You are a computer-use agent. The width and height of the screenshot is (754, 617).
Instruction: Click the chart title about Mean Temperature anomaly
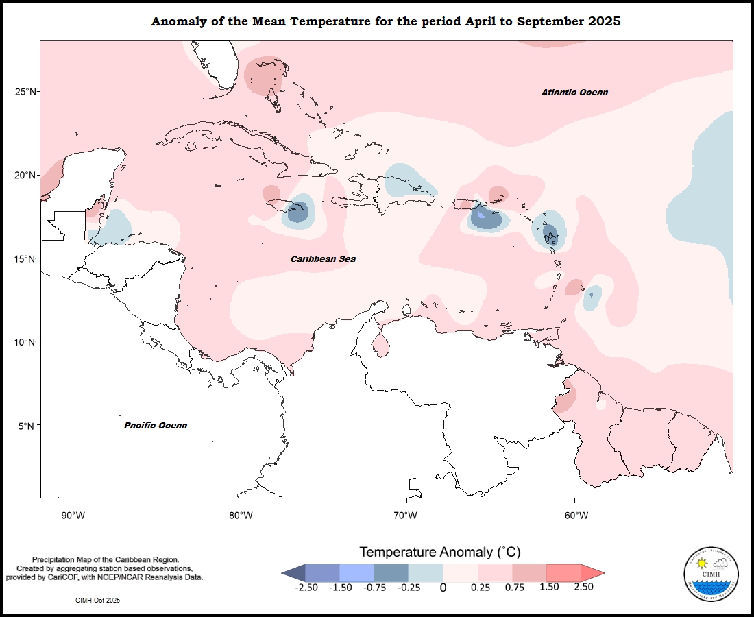coord(386,21)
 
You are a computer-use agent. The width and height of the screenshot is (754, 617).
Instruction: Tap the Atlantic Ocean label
coord(574,93)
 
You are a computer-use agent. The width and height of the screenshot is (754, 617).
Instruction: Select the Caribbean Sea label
coord(323,259)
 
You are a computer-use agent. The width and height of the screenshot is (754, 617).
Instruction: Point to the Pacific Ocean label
coord(156,426)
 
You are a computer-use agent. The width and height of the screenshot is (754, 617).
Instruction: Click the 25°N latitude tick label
coord(27,92)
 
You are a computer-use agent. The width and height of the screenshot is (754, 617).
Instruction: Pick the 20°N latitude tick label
coord(27,176)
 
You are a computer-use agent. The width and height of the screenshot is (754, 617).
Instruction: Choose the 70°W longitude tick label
coord(406,516)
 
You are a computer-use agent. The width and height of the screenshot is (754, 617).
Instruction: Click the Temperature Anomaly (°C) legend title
coord(441,552)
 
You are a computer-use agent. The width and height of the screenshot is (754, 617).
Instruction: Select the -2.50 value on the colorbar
coord(306,587)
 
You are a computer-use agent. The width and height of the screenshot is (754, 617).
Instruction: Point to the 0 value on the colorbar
coord(443,588)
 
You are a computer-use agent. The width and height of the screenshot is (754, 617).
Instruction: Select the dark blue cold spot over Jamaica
coord(297,213)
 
